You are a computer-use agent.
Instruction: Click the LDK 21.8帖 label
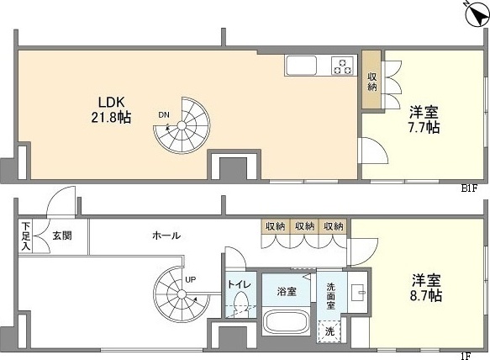tap(111, 109)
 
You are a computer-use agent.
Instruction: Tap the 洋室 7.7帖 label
tap(424, 119)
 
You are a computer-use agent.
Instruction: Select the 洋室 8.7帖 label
tap(426, 288)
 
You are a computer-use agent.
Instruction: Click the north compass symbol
tap(477, 14)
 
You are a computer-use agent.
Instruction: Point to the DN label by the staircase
tap(164, 115)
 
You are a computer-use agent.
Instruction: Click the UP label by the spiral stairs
tap(190, 279)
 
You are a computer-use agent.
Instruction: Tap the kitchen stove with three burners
tap(343, 66)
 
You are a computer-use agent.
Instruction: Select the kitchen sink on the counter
tap(302, 66)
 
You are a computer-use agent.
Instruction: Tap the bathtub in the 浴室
tap(287, 322)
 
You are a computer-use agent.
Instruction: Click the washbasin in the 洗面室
tap(358, 293)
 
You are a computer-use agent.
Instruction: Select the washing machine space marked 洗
tap(329, 331)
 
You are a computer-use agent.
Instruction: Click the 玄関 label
tap(62, 236)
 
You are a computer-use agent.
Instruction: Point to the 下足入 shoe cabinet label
tap(26, 236)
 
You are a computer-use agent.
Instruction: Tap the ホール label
tap(166, 236)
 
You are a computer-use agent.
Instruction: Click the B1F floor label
tap(469, 188)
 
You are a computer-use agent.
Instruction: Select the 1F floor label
tap(466, 356)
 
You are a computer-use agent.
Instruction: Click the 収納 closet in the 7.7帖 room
tap(371, 80)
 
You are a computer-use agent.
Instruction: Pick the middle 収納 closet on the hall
tap(304, 225)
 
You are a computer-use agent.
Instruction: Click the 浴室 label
tap(287, 292)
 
